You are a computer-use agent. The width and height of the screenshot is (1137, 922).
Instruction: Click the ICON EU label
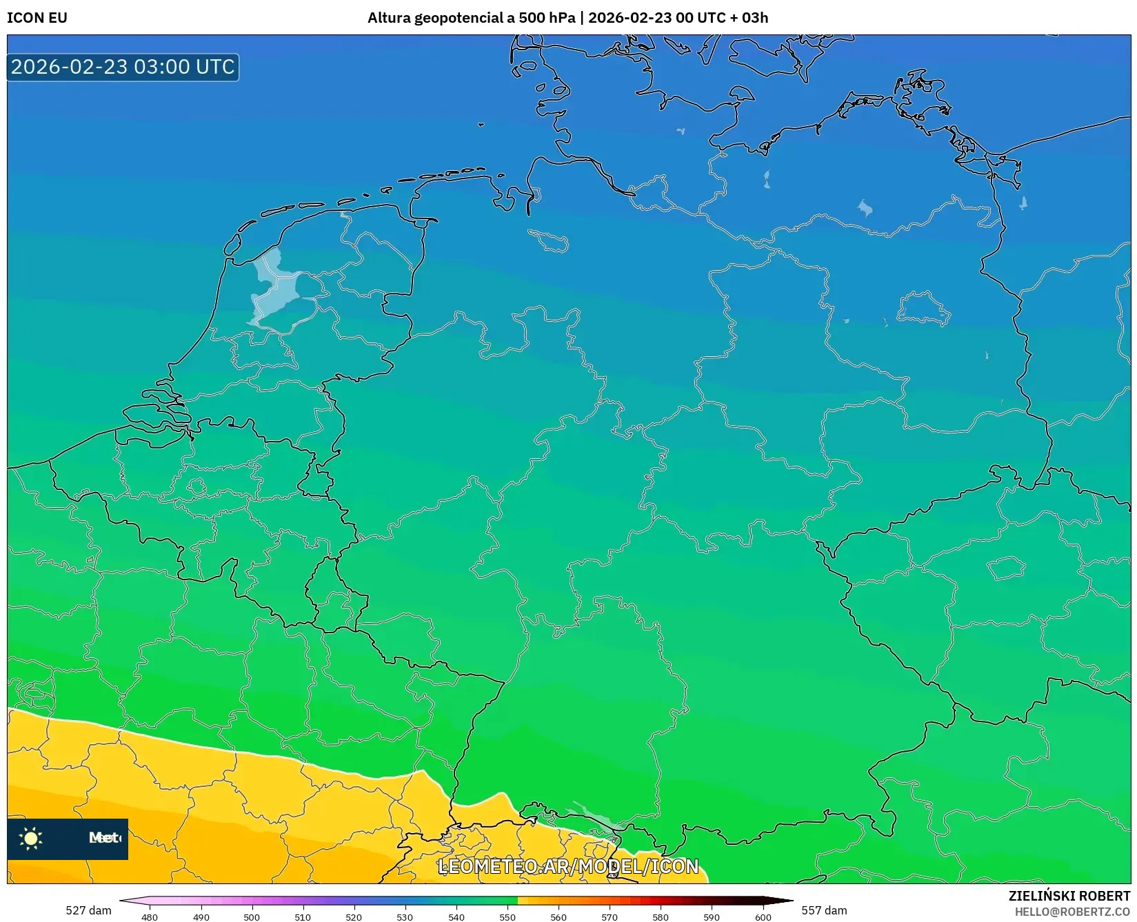37,18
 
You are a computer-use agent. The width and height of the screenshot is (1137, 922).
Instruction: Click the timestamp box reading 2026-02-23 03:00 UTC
123,67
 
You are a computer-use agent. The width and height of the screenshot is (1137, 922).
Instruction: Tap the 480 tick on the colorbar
150,916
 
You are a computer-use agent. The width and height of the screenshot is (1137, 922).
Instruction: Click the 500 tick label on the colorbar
252,916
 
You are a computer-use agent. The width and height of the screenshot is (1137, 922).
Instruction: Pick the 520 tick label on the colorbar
354,916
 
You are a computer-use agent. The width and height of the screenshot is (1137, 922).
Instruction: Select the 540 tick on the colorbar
456,916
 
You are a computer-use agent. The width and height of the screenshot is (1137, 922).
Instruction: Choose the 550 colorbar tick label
507,916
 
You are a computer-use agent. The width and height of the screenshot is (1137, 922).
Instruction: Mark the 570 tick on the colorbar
610,916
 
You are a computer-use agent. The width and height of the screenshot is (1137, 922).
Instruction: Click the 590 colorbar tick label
712,916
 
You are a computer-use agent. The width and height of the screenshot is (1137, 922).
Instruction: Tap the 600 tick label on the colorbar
763,916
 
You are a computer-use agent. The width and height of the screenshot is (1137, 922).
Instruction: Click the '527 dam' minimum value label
88,910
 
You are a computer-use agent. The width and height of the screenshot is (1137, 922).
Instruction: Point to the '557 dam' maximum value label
824,910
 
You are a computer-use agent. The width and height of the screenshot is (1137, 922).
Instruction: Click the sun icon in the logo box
31,838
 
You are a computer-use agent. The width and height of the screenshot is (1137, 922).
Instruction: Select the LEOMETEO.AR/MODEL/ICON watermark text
568,866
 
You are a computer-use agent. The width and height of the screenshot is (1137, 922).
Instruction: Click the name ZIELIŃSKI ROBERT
1069,896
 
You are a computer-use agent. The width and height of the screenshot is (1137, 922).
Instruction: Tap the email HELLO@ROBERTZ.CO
1072,912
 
